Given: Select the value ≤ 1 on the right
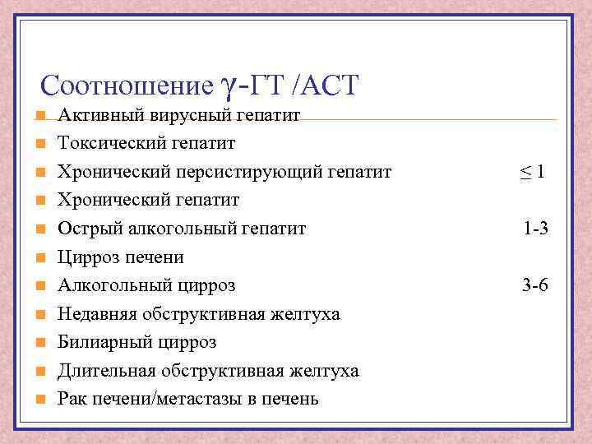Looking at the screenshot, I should coord(532,173).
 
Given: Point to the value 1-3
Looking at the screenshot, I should coord(536,229).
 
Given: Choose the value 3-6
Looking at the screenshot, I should coord(536,286).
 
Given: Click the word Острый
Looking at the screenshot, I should coord(86,229).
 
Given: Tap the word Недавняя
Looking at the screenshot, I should coord(97,314).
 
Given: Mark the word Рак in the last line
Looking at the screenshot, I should coord(71,400).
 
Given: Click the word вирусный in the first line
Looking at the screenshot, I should coord(173,116).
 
